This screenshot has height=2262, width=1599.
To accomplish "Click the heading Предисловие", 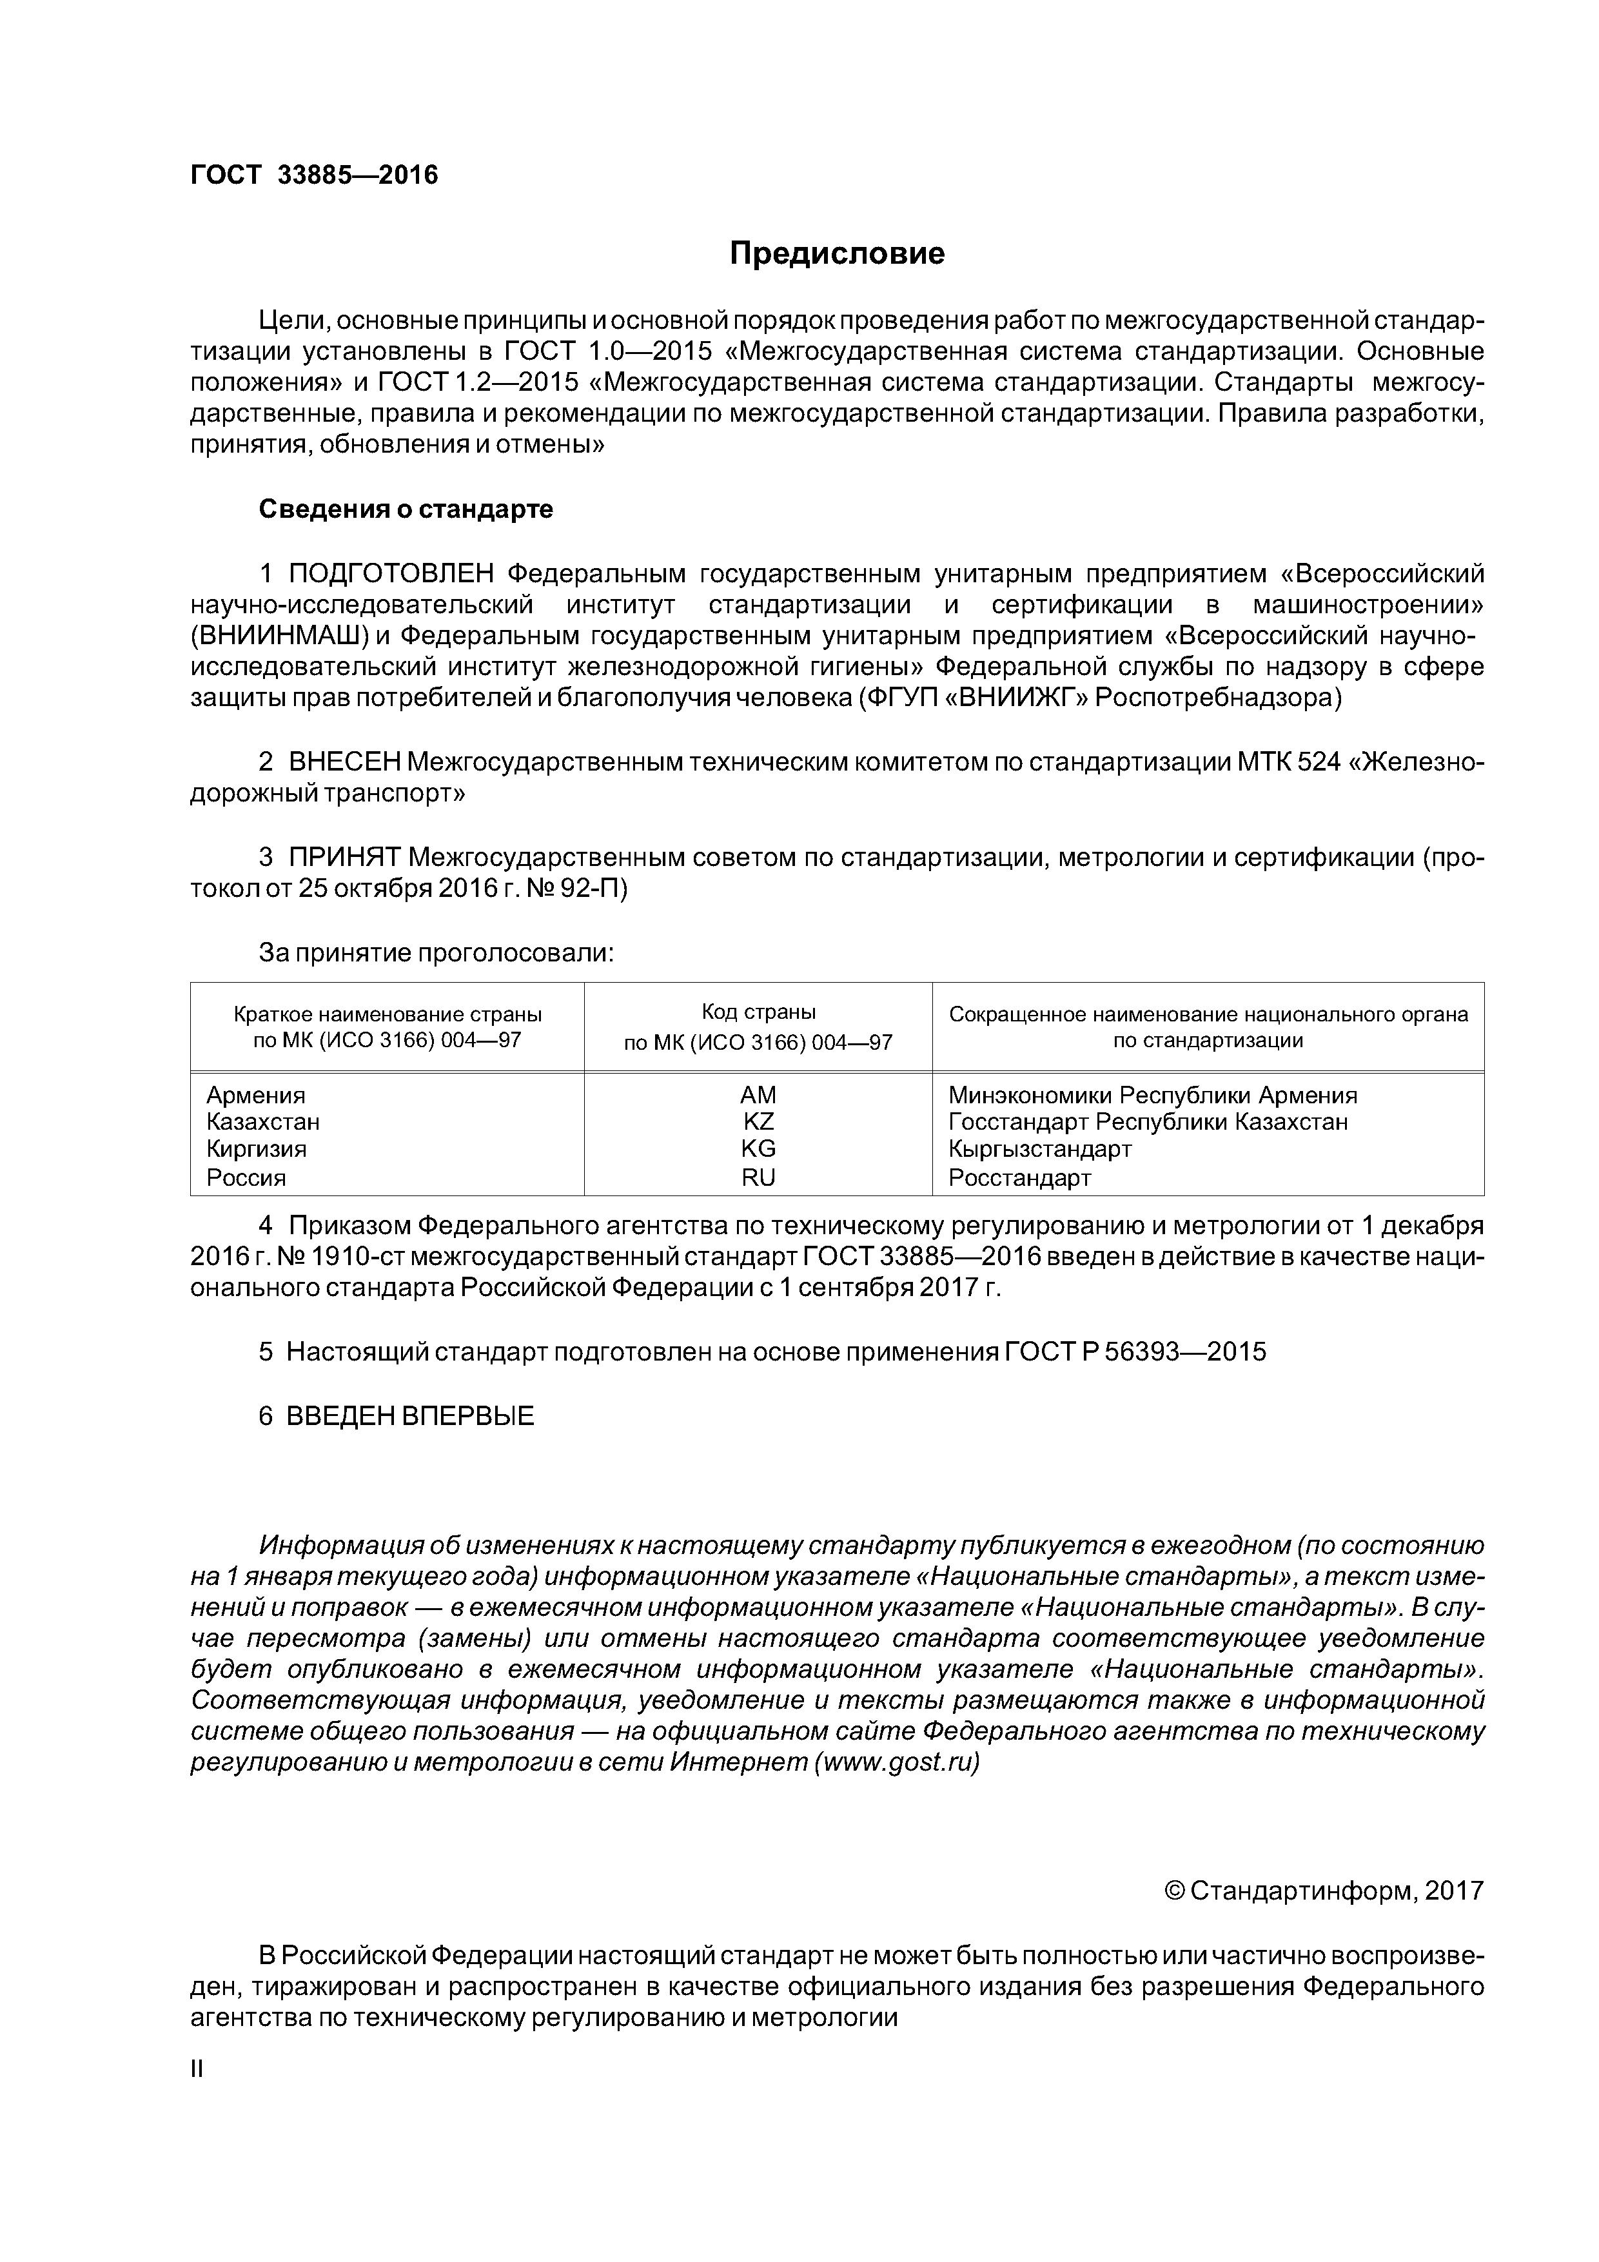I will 836,254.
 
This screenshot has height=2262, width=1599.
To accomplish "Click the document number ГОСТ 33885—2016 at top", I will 313,175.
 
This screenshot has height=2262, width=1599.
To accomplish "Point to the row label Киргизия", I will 256,1149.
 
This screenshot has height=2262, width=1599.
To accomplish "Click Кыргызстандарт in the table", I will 1039,1149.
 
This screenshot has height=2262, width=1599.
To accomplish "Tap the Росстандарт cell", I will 1020,1177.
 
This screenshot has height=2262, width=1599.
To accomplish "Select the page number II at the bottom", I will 196,2069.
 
